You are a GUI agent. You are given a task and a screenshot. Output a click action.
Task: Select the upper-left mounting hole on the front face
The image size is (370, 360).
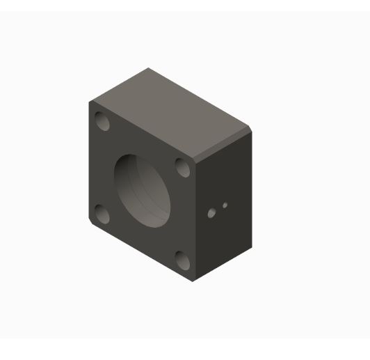pyautogui.click(x=103, y=123)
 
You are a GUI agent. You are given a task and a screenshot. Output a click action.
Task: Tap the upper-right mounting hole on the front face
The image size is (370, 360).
pyautogui.click(x=183, y=167)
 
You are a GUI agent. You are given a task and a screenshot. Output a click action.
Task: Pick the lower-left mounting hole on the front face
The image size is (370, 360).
pyautogui.click(x=102, y=214)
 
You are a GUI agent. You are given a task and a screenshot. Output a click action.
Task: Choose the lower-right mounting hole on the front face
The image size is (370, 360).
pyautogui.click(x=183, y=260)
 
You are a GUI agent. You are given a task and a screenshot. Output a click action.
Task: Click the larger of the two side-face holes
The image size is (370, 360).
pyautogui.click(x=212, y=213)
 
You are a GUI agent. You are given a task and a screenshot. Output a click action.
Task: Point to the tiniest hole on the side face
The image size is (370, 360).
pyautogui.click(x=225, y=205)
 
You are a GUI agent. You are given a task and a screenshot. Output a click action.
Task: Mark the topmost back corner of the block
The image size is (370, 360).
pyautogui.click(x=148, y=68)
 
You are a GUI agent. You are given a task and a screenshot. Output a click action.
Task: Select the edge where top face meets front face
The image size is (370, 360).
pyautogui.click(x=143, y=130)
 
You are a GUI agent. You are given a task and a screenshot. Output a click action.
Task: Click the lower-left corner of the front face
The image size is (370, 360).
pyautogui.click(x=89, y=224)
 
